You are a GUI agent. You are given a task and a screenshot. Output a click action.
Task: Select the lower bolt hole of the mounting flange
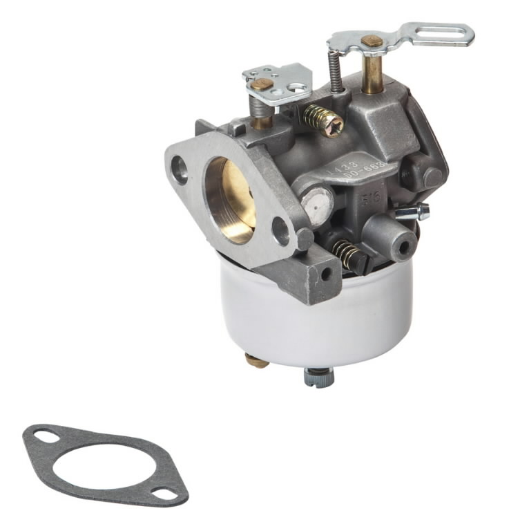click(281, 231)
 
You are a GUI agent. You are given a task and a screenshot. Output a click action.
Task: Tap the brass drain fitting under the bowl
click(256, 360)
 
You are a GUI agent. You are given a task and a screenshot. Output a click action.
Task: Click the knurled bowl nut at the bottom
click(318, 376)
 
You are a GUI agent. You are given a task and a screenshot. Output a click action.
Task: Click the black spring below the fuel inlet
click(348, 254)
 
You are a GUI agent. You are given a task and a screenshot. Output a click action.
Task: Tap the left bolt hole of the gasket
click(44, 436)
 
